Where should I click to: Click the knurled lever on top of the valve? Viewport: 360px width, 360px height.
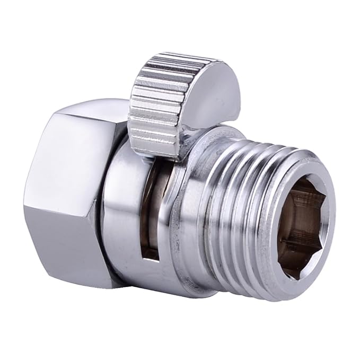click(x=159, y=95)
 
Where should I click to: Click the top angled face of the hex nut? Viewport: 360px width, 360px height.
click(x=80, y=119)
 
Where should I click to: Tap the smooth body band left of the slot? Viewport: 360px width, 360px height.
click(x=119, y=207)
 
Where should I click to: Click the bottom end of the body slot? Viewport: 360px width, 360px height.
click(x=151, y=254)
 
